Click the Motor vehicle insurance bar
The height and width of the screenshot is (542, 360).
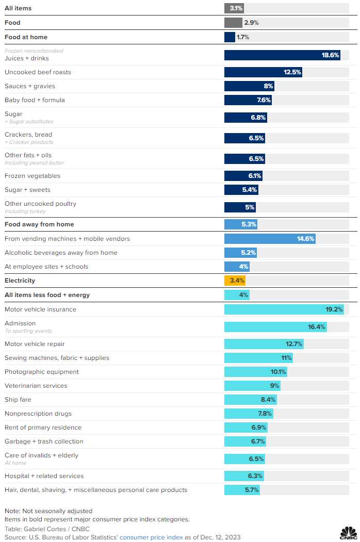coord(284,309)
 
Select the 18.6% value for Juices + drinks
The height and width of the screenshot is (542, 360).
coord(330,55)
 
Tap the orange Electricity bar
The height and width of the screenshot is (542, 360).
coord(235,281)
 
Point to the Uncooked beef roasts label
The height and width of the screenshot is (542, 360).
coord(38,72)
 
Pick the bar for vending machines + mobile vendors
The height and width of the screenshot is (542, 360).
coord(269,239)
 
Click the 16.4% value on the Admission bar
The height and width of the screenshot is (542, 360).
coord(316,327)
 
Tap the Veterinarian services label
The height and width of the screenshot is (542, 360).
coord(36,386)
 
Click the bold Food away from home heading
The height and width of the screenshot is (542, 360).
coord(39,224)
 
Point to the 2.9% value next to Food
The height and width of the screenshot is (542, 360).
coord(251,23)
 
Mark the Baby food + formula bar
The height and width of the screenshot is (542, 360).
coord(248,100)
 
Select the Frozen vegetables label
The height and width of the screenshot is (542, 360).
coord(32,176)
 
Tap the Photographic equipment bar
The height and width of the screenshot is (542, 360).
coord(255,372)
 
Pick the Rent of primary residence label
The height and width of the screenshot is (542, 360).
coord(43,428)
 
